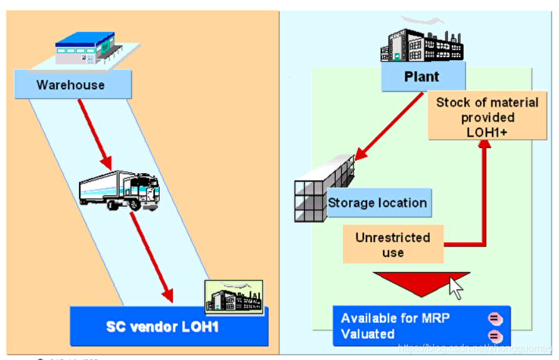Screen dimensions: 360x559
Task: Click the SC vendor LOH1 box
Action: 169,327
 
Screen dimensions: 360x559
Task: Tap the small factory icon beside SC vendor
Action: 234,297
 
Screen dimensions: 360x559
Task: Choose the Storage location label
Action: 378,203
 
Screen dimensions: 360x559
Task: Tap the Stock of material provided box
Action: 487,117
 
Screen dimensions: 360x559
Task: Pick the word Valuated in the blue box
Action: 368,334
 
